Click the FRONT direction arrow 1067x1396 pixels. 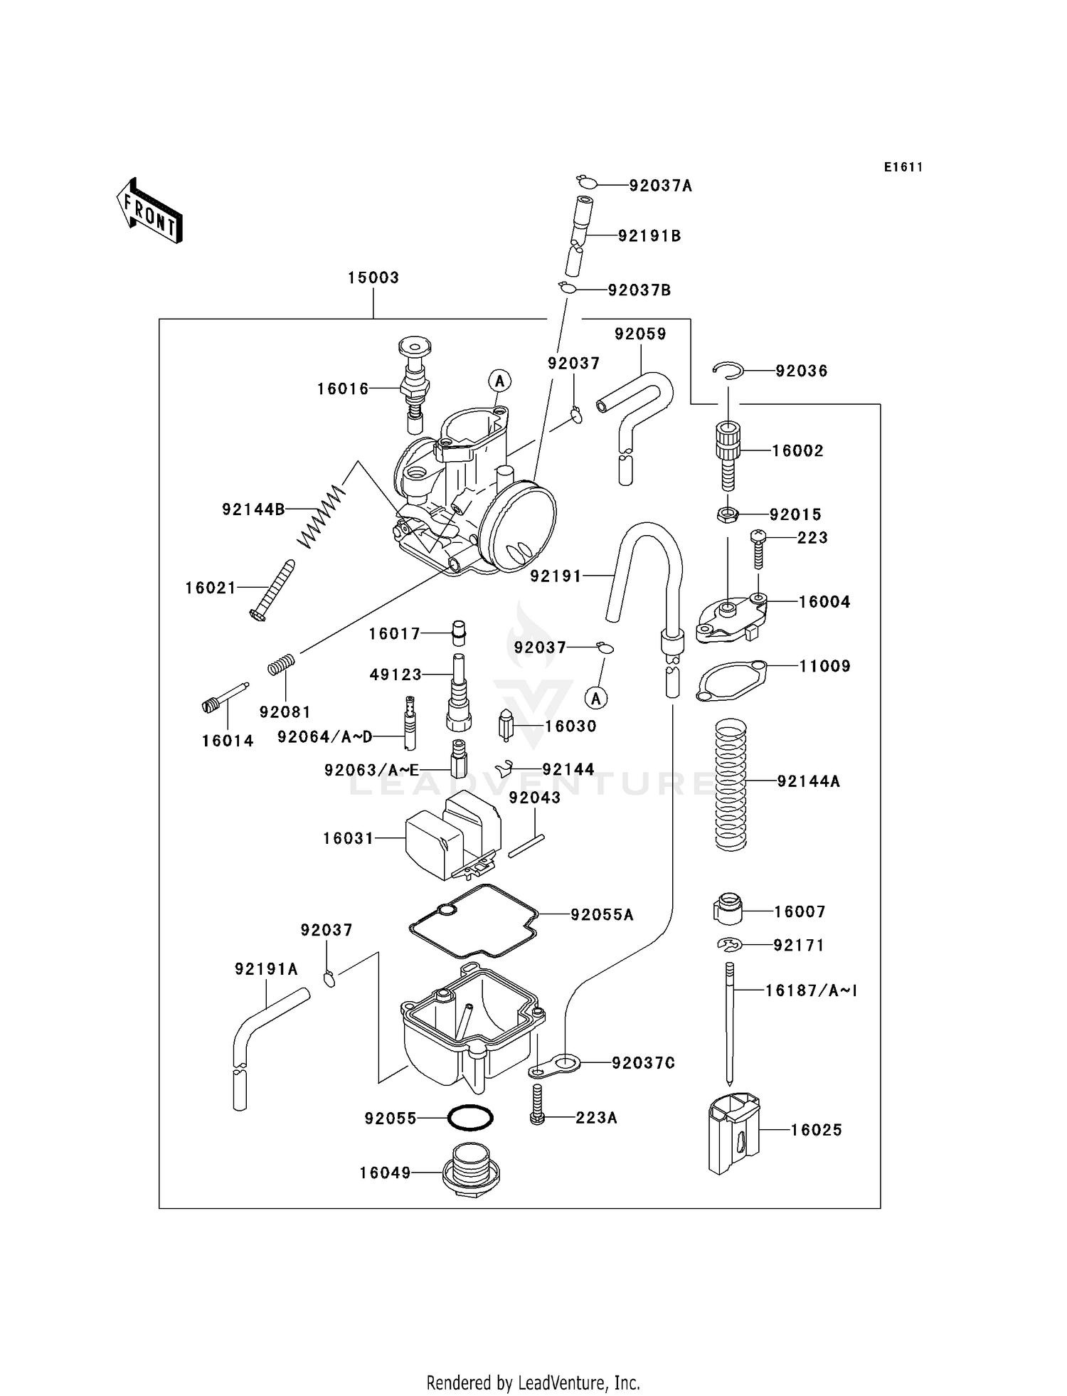tap(150, 212)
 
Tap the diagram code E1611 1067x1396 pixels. tap(903, 167)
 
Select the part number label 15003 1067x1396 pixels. tap(373, 277)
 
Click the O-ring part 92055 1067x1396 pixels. tap(470, 1117)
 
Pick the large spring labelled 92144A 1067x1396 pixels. tap(731, 784)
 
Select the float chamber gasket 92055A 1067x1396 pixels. tap(473, 921)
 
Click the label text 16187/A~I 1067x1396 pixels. tap(811, 990)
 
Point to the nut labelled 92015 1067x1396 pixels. tap(727, 514)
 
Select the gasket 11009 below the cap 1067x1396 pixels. tap(732, 682)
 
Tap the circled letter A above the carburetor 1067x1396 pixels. tap(500, 381)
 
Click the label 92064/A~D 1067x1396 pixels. tap(324, 736)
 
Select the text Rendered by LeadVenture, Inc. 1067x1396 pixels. tap(533, 1382)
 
